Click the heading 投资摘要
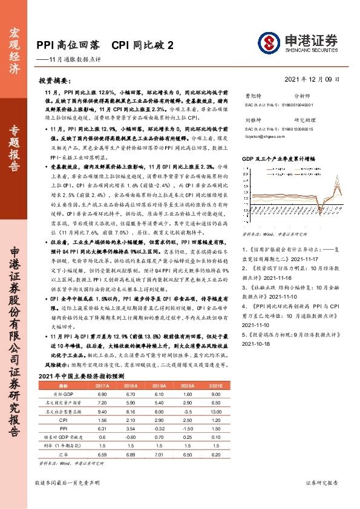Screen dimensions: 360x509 (54, 80)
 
